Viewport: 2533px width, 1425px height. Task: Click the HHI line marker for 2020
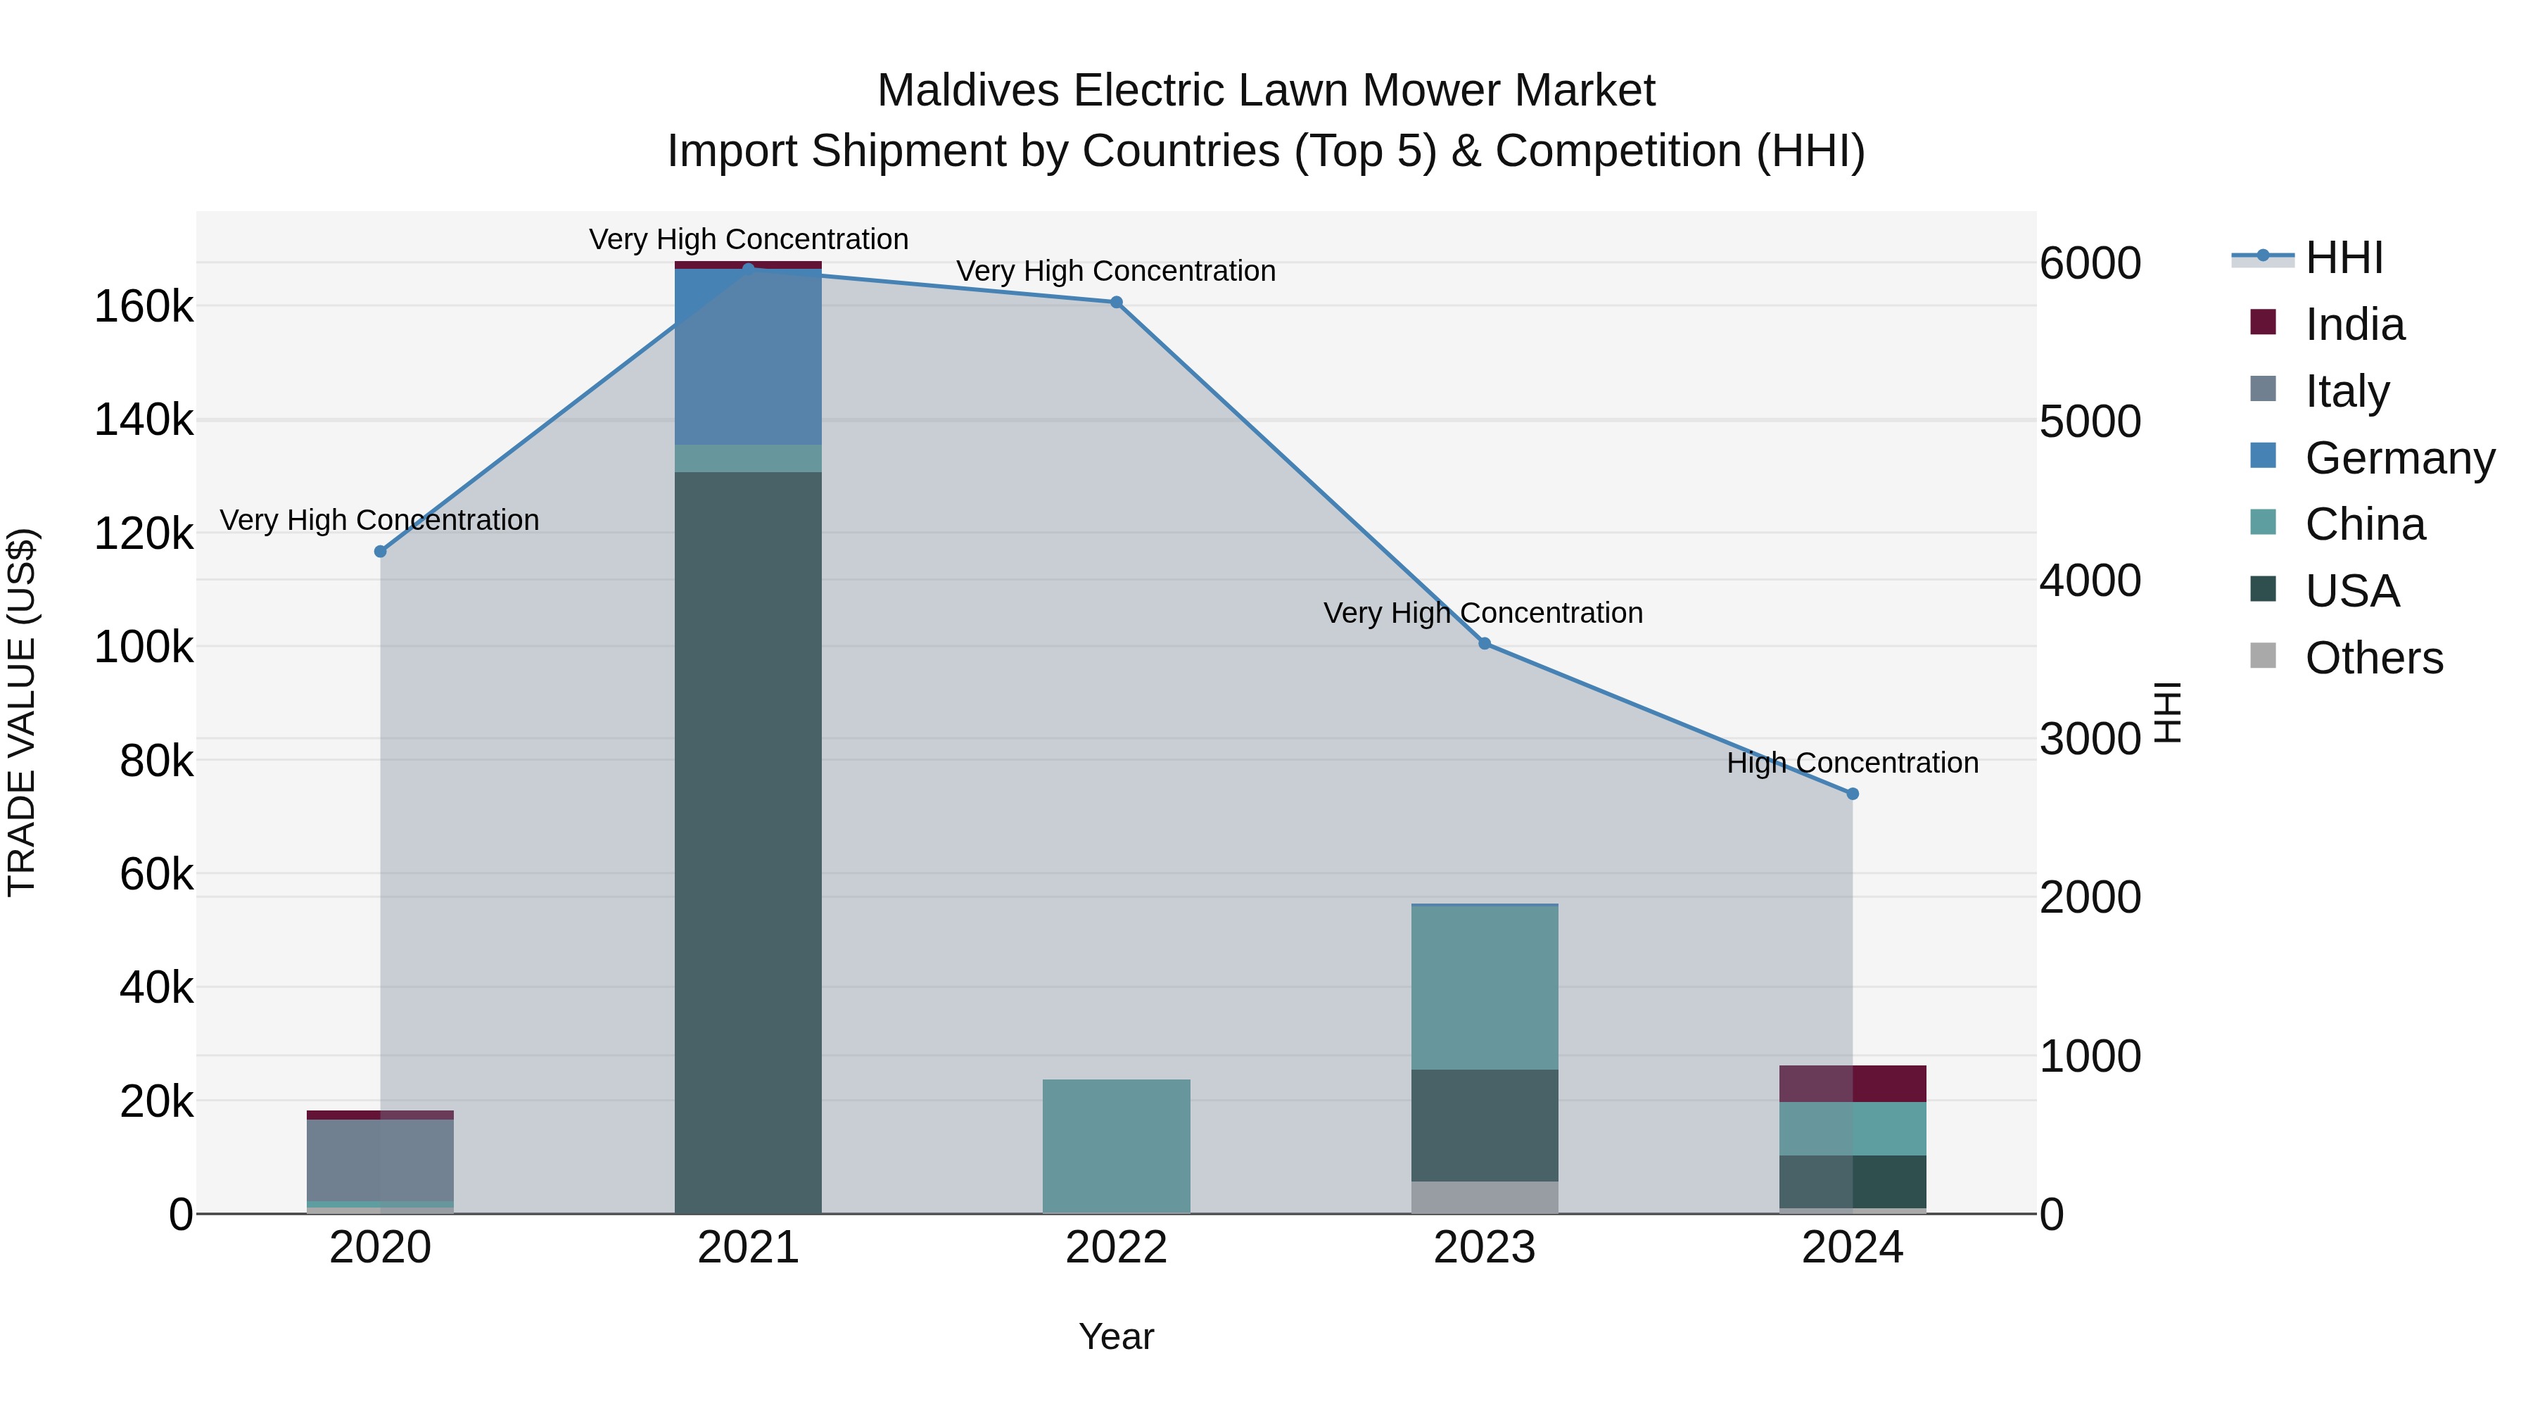pyautogui.click(x=381, y=552)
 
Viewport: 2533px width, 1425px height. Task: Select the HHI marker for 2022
pyautogui.click(x=1116, y=303)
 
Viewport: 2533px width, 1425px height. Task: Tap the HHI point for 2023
pyautogui.click(x=1485, y=644)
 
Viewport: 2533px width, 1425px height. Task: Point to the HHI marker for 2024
pyautogui.click(x=1853, y=794)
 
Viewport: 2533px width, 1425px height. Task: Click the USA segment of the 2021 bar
pyautogui.click(x=749, y=836)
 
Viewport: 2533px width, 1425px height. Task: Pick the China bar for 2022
pyautogui.click(x=1116, y=1146)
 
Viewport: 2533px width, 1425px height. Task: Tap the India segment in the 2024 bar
pyautogui.click(x=1853, y=1083)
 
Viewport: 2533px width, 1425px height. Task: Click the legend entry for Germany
pyautogui.click(x=2399, y=458)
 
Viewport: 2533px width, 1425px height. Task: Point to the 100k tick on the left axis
pyautogui.click(x=144, y=648)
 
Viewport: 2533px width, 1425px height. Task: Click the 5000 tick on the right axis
pyautogui.click(x=2090, y=422)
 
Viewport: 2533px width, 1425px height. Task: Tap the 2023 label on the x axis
pyautogui.click(x=1485, y=1248)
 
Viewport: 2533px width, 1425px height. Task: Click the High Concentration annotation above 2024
pyautogui.click(x=1853, y=763)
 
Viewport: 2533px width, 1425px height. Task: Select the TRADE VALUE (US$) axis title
pyautogui.click(x=22, y=712)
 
